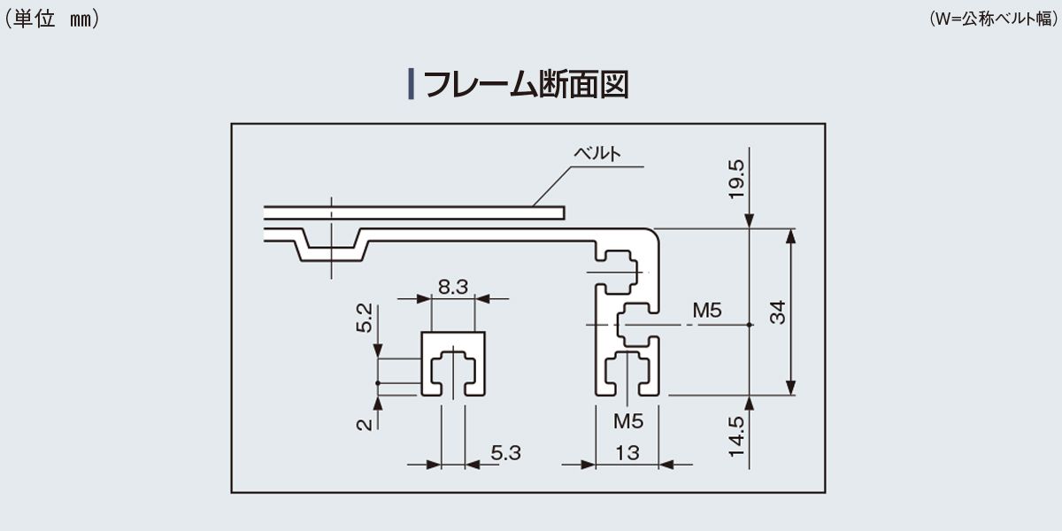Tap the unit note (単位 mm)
coord(51,19)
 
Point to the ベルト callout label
coord(597,153)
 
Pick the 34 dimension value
coord(776,312)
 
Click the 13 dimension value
coord(627,453)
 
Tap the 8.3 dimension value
coord(452,286)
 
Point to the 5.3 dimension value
coord(505,453)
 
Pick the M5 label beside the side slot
coord(707,310)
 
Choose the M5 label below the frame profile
coord(627,421)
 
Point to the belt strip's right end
coord(561,212)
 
